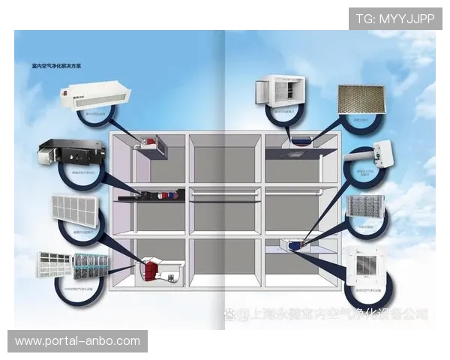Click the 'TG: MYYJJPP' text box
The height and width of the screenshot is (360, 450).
pyautogui.click(x=395, y=18)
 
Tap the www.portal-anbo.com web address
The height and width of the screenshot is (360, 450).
pyautogui.click(x=77, y=341)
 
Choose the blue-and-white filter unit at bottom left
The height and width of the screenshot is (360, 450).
pyautogui.click(x=74, y=266)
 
